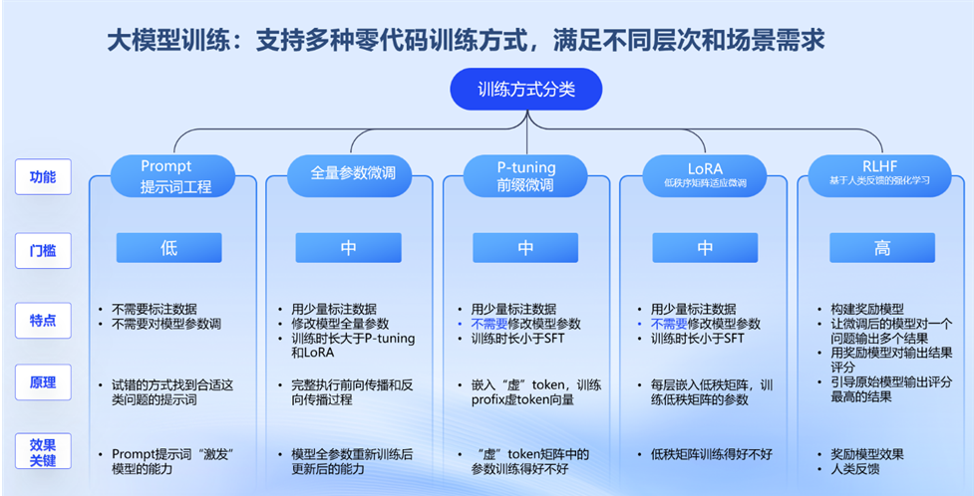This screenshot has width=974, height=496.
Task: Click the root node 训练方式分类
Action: [525, 89]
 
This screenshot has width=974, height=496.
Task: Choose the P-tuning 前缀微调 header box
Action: [525, 175]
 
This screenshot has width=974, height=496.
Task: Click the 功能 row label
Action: [43, 177]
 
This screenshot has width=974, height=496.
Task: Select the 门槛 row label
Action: [43, 250]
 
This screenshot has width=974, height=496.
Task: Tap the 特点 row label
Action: [43, 320]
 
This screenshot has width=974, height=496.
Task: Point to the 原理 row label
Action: [43, 382]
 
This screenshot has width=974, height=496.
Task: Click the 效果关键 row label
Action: [43, 452]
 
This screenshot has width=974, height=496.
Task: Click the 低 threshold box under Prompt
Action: [168, 248]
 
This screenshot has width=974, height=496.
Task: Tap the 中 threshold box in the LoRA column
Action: [705, 248]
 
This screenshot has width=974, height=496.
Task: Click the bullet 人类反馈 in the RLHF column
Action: [858, 468]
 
